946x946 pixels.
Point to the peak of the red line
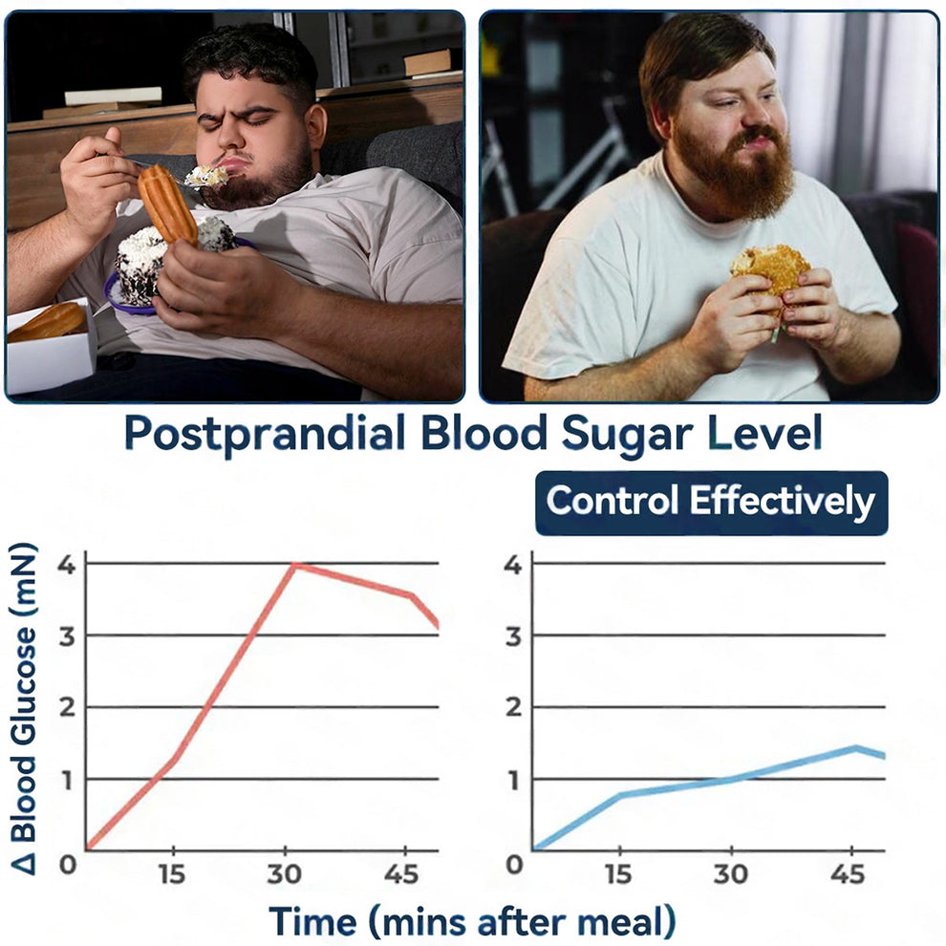pos(295,565)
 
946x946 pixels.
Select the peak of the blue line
pos(857,747)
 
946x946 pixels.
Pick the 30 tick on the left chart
pos(285,875)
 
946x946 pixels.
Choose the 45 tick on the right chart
pos(847,875)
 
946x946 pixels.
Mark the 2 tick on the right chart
pos(514,708)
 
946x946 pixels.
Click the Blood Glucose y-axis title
pos(26,707)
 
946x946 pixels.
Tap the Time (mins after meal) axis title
pos(472,922)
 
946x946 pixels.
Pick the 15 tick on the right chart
pos(620,875)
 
